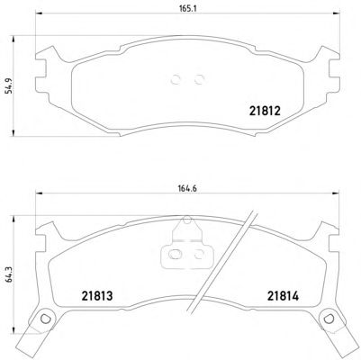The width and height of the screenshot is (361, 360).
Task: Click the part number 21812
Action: pos(265,112)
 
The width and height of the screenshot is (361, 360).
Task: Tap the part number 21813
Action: pos(97,296)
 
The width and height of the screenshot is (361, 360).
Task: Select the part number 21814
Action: pos(284,296)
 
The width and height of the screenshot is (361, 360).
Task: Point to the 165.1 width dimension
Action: pos(188,8)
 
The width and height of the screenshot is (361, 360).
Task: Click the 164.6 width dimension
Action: pos(188,189)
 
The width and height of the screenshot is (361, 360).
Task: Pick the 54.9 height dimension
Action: pos(10,85)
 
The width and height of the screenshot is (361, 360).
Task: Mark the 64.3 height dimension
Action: pos(10,276)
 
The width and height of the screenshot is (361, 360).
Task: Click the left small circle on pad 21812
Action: pos(176,80)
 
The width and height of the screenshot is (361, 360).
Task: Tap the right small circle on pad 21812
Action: pos(199,80)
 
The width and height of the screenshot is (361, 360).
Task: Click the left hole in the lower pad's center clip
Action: pos(173,255)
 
